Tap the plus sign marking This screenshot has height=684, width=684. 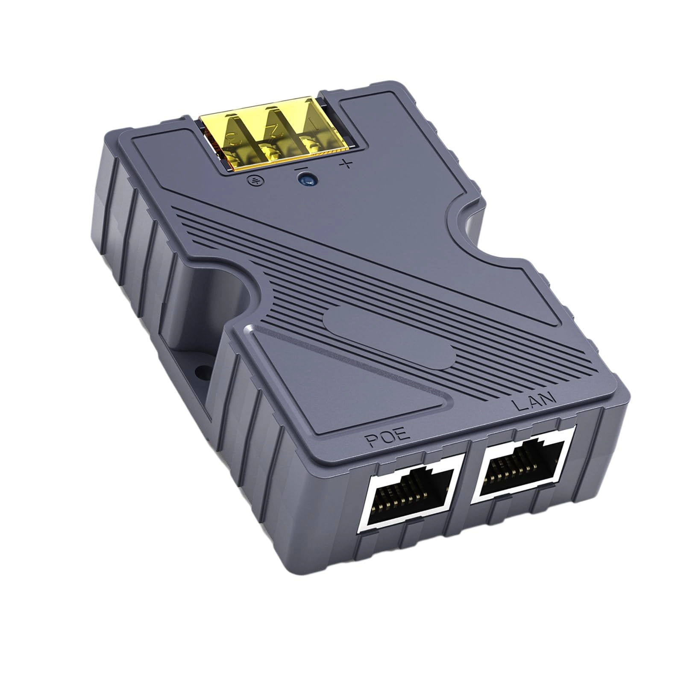[x=348, y=163]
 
